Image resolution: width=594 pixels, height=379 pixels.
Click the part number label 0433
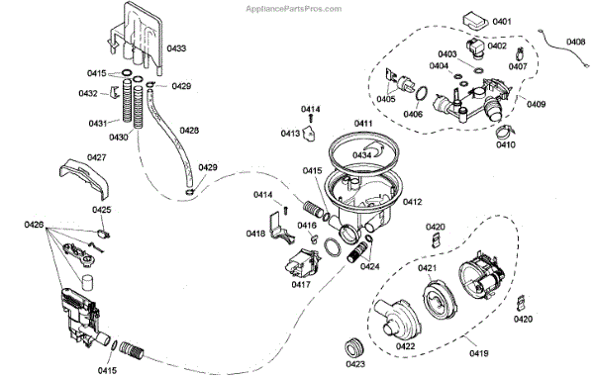point(176,48)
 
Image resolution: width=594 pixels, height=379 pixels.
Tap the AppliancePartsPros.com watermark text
point(294,9)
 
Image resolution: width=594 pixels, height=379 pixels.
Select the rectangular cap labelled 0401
point(475,21)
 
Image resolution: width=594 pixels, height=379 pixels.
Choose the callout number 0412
point(413,202)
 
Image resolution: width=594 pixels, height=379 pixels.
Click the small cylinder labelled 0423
point(355,346)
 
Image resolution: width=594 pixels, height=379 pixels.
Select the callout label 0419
point(479,353)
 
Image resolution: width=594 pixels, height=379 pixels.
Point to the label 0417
point(301,284)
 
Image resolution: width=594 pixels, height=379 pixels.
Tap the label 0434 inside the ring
point(362,155)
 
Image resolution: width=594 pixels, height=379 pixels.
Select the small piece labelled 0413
point(311,135)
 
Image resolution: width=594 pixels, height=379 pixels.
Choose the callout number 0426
point(34,225)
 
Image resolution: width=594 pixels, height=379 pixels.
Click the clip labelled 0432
point(114,93)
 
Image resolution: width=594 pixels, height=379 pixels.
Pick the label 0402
point(497,46)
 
